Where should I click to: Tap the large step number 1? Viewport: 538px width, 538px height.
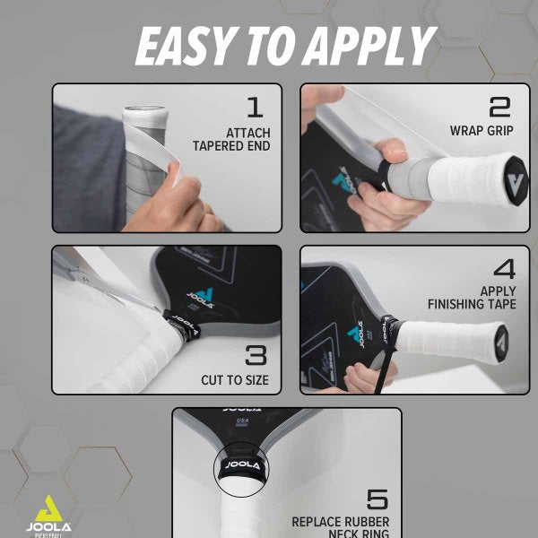pyautogui.click(x=255, y=108)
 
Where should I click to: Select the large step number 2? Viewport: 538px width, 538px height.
pyautogui.click(x=499, y=107)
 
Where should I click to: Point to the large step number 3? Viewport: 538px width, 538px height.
pyautogui.click(x=256, y=354)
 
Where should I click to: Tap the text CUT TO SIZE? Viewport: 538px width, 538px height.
pyautogui.click(x=235, y=380)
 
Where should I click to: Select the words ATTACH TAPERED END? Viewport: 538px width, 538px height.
pyautogui.click(x=231, y=139)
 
